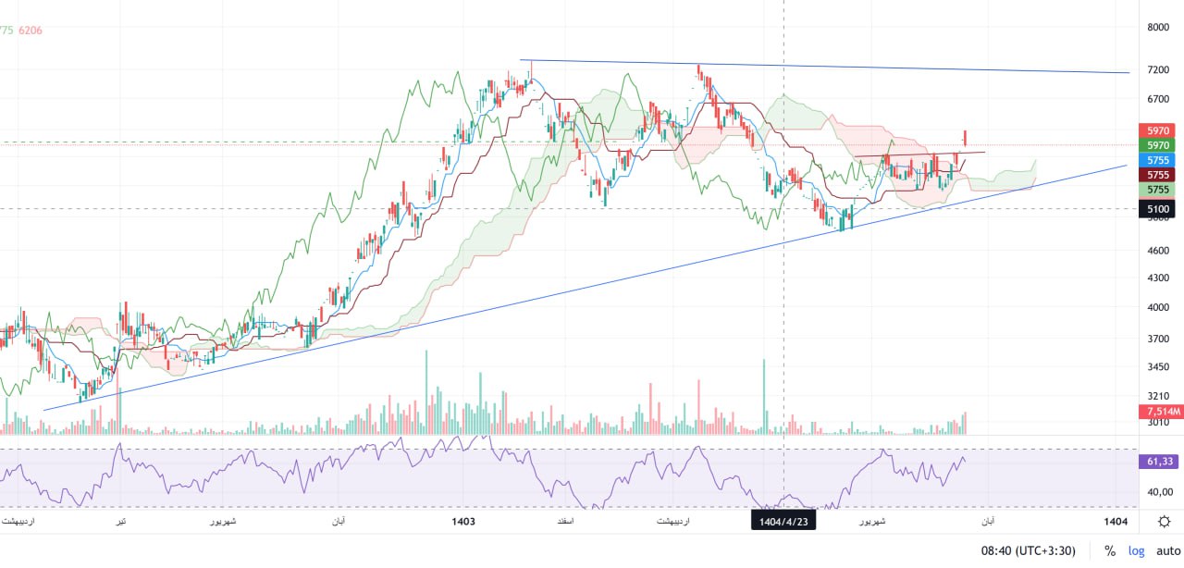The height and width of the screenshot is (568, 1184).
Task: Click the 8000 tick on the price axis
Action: [1158, 28]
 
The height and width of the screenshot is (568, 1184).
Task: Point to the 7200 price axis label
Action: [1158, 69]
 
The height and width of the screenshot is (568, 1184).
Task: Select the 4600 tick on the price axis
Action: [1158, 250]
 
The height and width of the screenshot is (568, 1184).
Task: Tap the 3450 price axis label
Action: [1158, 367]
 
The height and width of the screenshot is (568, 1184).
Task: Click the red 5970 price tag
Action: [1159, 131]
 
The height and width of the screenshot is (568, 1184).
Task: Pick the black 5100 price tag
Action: [1159, 210]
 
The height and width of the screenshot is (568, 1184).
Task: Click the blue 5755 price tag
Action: [1159, 160]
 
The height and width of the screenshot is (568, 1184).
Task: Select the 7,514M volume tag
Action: [1163, 412]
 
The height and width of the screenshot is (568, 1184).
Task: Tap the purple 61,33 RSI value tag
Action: [1159, 462]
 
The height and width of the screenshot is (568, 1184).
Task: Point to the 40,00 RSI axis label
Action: [1161, 492]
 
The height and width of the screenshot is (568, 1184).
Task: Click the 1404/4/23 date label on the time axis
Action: [783, 521]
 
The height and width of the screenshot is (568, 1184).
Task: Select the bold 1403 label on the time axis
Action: [462, 522]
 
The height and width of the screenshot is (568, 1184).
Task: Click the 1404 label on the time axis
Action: [1116, 522]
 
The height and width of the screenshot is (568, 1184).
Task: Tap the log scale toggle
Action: [1136, 551]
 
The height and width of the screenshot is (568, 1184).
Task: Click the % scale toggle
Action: [1109, 551]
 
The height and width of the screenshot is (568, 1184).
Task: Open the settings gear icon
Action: [1165, 522]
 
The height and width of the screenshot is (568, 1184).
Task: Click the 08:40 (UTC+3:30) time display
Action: [1028, 551]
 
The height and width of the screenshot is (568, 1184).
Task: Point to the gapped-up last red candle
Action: [965, 137]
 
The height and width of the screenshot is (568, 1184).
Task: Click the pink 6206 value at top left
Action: [30, 31]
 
